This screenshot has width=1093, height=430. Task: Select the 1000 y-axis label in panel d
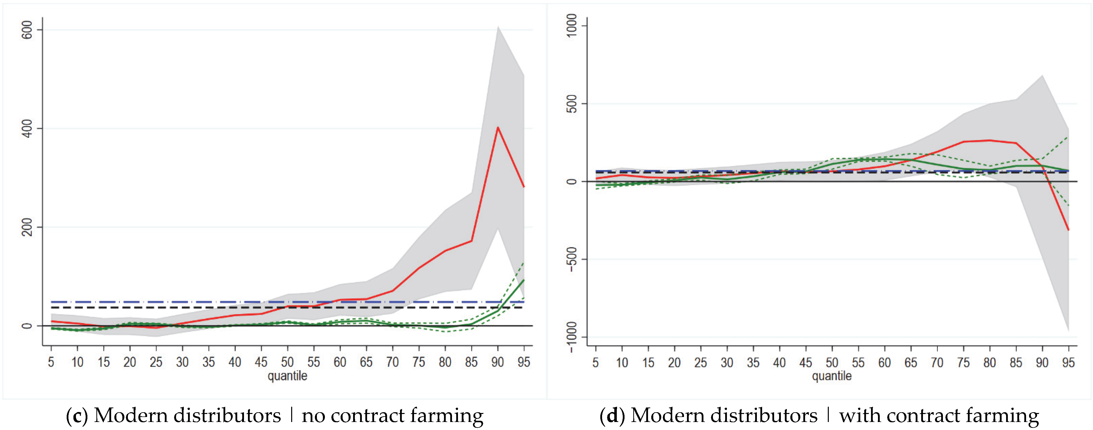[x=572, y=26]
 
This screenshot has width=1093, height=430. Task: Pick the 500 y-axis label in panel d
[x=572, y=104]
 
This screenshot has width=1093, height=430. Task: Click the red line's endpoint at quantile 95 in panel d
[x=1068, y=230]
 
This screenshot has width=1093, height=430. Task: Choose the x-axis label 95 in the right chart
[x=1068, y=362]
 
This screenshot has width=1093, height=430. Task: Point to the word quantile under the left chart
[x=287, y=376]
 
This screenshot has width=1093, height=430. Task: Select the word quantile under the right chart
[x=832, y=376]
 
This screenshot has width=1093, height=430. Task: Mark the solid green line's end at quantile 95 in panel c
[x=524, y=280]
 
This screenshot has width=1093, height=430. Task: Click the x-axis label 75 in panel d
[x=963, y=362]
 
